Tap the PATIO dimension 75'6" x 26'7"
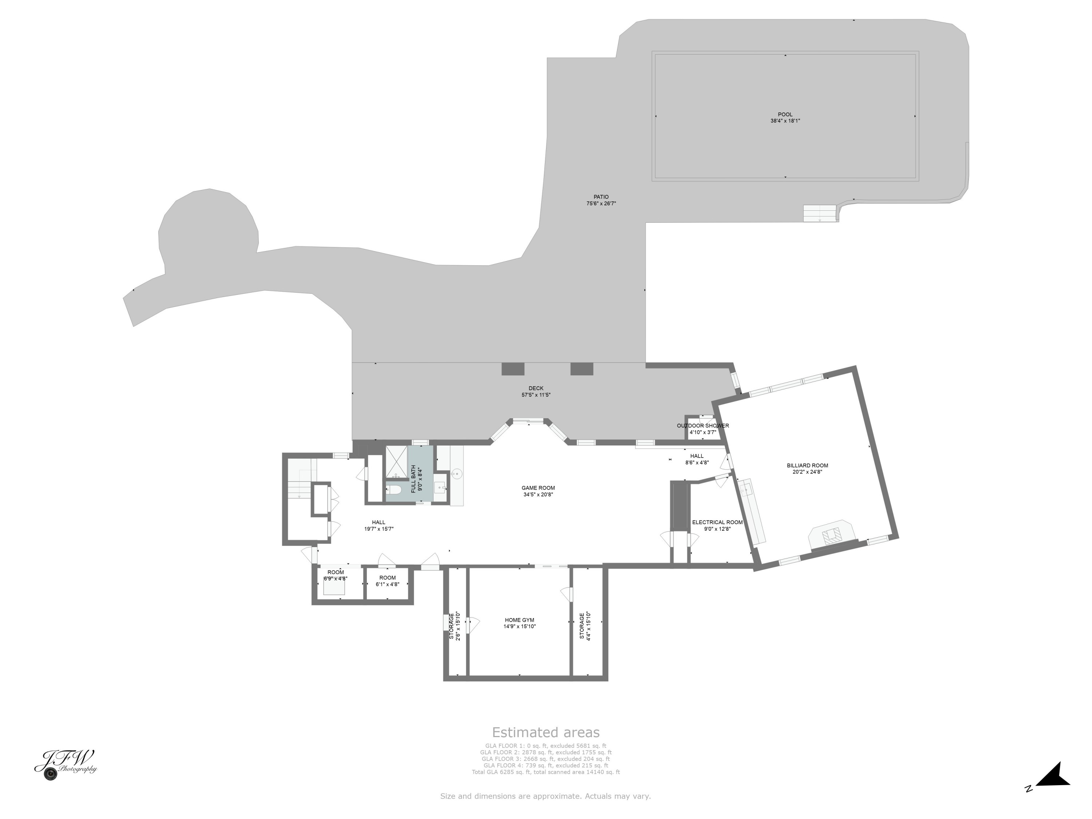click(x=601, y=203)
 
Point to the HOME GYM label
click(x=519, y=620)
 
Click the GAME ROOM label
click(x=538, y=488)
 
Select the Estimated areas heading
click(x=546, y=732)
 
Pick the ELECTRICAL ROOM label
click(x=717, y=522)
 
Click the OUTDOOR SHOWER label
click(x=703, y=426)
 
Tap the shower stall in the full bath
click(x=396, y=462)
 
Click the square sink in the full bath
click(x=440, y=489)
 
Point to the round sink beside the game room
click(x=457, y=474)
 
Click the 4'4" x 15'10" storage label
click(x=585, y=626)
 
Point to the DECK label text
click(x=536, y=388)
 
